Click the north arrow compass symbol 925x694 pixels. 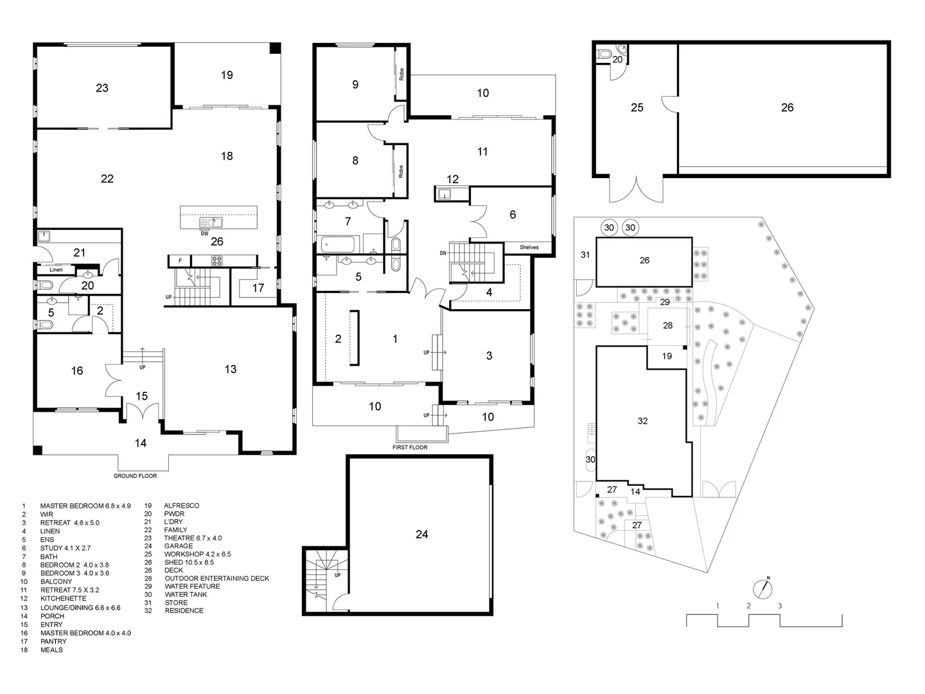(763, 587)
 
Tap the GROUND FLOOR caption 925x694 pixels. (135, 476)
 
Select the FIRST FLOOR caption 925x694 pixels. (410, 447)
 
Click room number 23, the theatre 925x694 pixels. (102, 88)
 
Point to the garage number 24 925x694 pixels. (422, 534)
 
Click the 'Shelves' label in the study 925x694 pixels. (529, 247)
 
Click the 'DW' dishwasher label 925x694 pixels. (204, 233)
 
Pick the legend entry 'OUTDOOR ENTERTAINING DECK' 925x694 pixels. (216, 578)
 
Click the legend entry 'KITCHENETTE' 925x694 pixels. (63, 598)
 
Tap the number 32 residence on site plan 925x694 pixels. (642, 421)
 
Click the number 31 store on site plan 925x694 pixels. (585, 255)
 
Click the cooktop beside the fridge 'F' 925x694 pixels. (215, 261)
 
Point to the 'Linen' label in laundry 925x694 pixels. (56, 270)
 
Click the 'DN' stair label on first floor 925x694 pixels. (443, 253)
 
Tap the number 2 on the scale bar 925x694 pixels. (748, 605)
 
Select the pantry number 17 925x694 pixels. (258, 288)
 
